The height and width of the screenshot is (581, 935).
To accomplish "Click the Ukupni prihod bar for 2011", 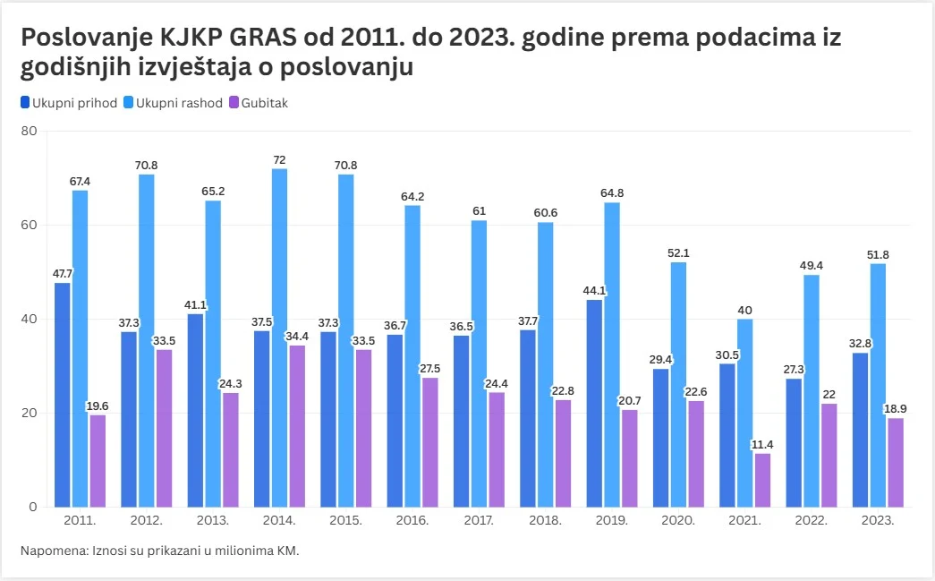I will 62,395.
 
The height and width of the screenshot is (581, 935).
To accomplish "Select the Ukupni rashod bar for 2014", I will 279,337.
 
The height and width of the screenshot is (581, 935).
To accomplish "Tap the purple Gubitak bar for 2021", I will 762,480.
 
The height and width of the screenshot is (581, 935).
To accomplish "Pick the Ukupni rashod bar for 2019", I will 612,355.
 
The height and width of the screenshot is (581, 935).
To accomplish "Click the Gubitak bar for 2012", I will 164,428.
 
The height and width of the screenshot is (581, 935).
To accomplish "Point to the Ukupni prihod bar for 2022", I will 794,442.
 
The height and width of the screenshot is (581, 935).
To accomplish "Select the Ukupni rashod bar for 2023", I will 878,385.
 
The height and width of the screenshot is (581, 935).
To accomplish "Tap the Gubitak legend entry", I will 265,102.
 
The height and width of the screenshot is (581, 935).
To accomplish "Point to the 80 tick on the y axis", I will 29,131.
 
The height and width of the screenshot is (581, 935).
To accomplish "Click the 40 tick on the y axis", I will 29,319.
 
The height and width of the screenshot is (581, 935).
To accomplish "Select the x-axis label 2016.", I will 412,520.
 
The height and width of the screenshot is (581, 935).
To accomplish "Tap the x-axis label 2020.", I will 678,520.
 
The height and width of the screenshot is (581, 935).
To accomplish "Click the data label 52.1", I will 678,252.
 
